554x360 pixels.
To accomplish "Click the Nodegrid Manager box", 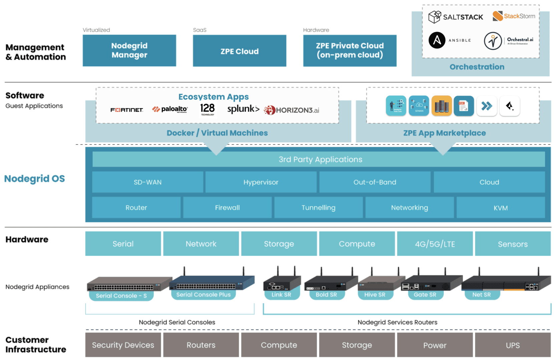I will [129, 50].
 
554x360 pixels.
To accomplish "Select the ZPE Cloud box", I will [239, 51].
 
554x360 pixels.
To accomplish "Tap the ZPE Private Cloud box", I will [350, 50].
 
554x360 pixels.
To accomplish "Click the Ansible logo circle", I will [437, 40].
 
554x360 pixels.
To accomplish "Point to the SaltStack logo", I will [455, 17].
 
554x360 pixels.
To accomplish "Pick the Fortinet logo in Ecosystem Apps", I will [127, 110].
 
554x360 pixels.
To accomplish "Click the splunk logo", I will [243, 109].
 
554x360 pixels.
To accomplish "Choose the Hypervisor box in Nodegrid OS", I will [260, 182].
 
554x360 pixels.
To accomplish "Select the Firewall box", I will [227, 207].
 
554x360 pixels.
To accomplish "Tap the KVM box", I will [500, 208].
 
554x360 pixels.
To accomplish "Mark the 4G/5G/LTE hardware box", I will [435, 244].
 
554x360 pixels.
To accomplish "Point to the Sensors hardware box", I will [513, 244].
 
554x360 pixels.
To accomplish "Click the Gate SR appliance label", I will [425, 295].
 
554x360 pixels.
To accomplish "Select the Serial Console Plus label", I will [203, 295].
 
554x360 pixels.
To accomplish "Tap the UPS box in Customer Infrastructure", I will [513, 345].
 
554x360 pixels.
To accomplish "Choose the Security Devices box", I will [123, 345].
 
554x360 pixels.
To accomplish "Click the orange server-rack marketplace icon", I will [441, 106].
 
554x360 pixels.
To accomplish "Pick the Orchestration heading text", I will [477, 67].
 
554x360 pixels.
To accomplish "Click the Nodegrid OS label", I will [34, 179].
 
